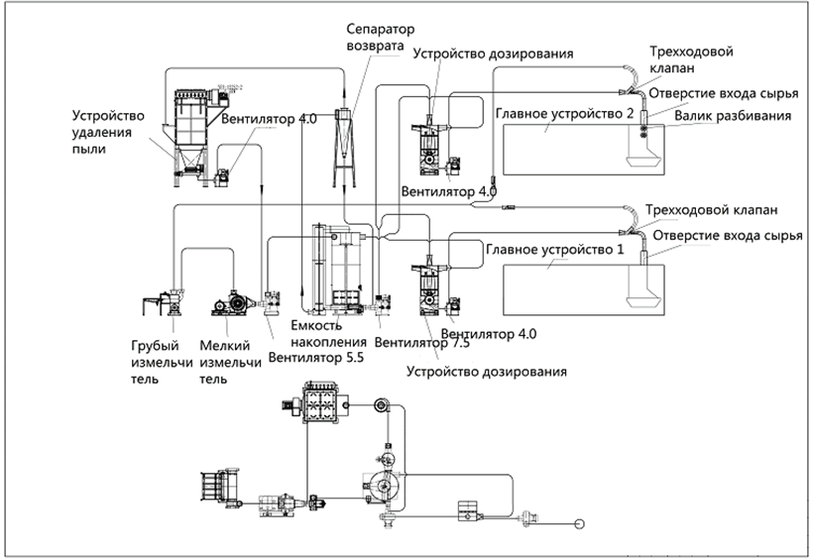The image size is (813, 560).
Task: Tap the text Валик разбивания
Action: (731, 116)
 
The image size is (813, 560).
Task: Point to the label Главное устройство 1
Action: (555, 249)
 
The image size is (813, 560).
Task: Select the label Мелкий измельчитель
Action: (231, 362)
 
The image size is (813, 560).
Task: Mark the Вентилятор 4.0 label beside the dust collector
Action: (269, 120)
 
